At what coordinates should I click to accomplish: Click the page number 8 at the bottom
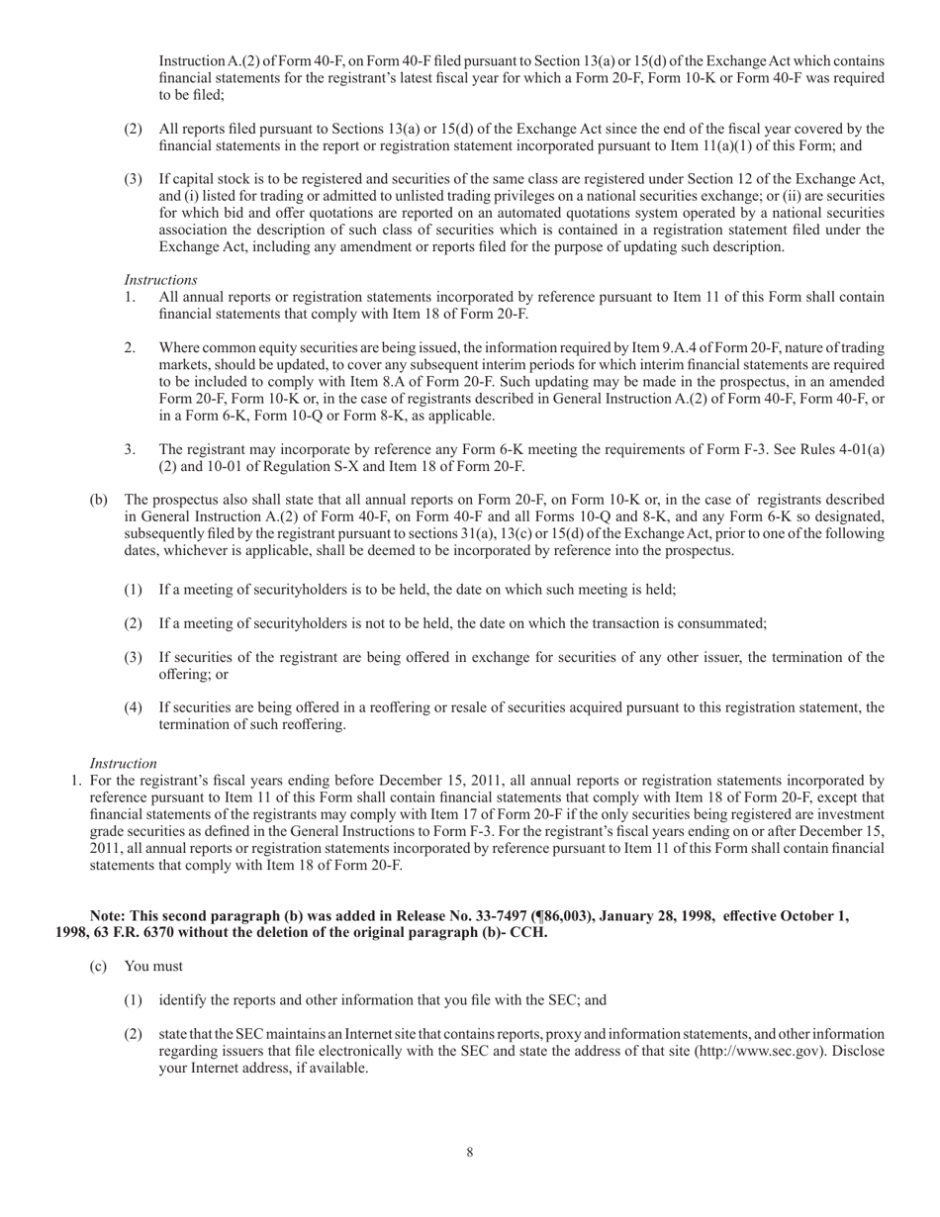tap(470, 1152)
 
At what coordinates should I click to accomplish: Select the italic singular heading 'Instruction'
tap(124, 763)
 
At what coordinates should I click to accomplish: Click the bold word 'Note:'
tap(109, 916)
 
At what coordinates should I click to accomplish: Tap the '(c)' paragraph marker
tap(98, 966)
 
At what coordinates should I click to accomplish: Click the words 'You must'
tap(153, 966)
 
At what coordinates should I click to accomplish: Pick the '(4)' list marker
tap(134, 707)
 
